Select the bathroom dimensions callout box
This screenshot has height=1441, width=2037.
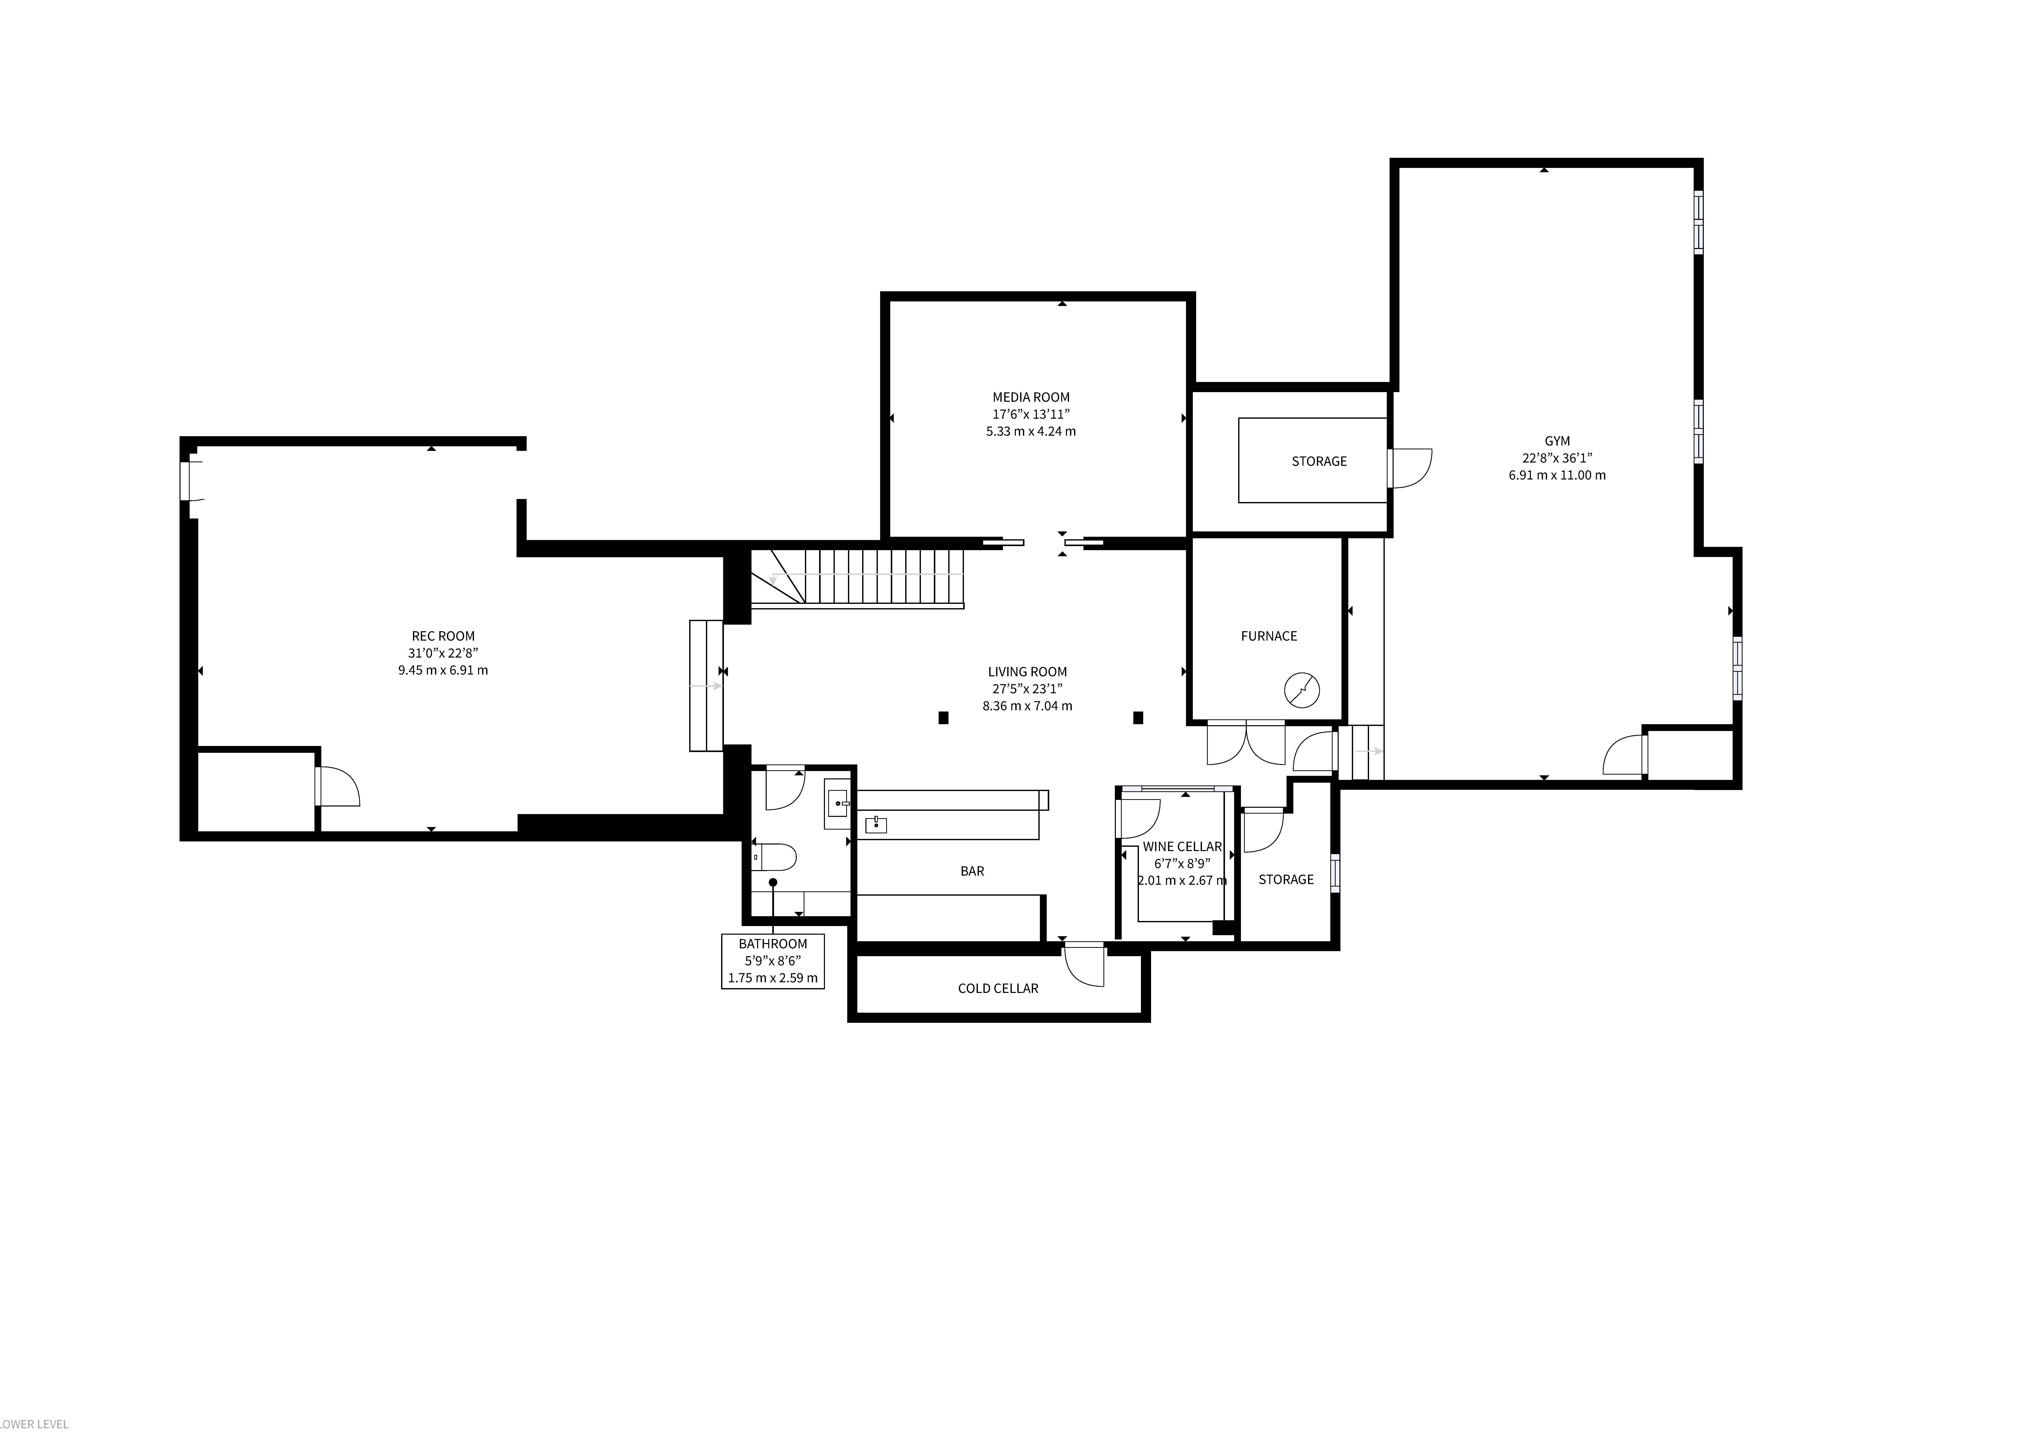pyautogui.click(x=773, y=961)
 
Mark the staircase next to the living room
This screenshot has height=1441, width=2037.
pyautogui.click(x=857, y=579)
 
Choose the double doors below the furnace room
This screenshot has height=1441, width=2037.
pyautogui.click(x=1246, y=743)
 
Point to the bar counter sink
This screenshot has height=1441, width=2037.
pyautogui.click(x=876, y=825)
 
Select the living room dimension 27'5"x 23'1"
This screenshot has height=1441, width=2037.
pyautogui.click(x=1027, y=688)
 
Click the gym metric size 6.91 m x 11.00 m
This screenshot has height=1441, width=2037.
pyautogui.click(x=1557, y=475)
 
